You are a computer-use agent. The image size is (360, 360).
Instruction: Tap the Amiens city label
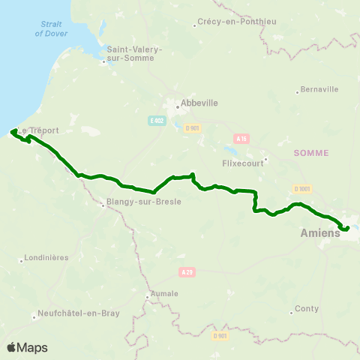319,233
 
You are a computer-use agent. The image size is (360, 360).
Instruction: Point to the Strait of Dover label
50,29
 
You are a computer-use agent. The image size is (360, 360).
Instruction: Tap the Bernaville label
319,89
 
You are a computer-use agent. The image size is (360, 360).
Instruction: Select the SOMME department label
311,152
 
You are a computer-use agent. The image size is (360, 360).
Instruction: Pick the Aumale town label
165,294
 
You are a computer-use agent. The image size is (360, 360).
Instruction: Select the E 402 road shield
156,121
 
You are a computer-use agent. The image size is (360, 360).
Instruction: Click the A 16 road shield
241,138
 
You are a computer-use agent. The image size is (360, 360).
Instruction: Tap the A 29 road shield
187,272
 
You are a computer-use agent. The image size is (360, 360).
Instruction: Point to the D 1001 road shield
302,188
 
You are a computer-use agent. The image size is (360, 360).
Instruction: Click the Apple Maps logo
27,347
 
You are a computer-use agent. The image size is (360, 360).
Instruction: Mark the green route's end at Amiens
347,227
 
